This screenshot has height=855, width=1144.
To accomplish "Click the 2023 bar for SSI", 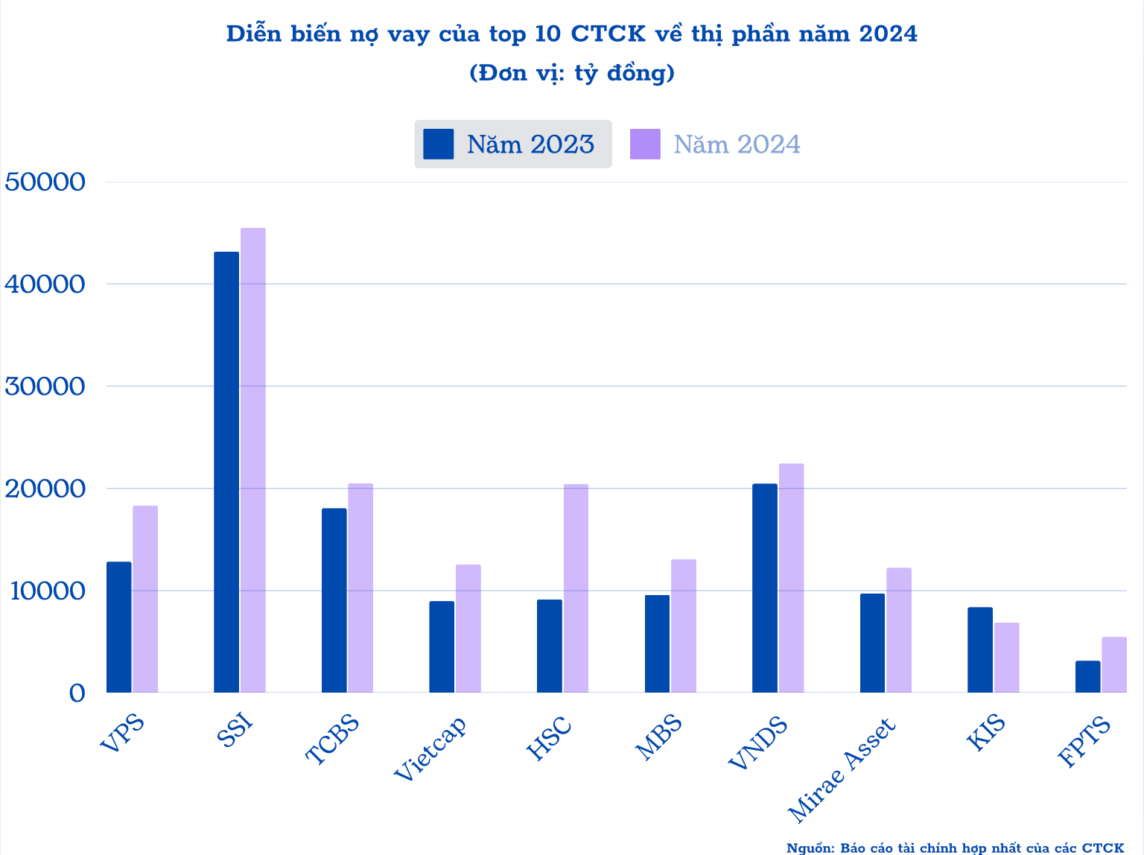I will [x=226, y=472].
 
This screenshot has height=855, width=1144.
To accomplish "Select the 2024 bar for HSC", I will [x=576, y=588].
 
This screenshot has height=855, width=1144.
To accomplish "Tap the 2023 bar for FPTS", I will [x=1087, y=676].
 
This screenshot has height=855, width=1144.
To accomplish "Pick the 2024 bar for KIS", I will [x=1006, y=658].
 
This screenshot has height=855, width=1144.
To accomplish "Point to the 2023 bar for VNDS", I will [x=765, y=588].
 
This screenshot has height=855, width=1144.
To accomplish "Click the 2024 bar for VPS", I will [x=145, y=599].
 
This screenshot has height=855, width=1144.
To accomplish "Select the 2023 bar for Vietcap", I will [x=442, y=646].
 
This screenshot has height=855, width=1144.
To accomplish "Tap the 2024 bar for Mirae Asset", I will [x=898, y=630].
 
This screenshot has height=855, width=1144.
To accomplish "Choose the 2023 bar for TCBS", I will [x=334, y=600].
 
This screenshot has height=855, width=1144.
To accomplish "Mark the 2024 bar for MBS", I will [x=683, y=626].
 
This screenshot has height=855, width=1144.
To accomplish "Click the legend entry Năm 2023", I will [x=512, y=144].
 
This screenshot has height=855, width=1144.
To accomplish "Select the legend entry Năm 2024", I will [x=715, y=144].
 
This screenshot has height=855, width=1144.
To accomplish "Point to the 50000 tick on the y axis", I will [x=45, y=182].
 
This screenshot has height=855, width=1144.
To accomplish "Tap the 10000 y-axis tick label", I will [x=45, y=591].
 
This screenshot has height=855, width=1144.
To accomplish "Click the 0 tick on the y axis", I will [x=77, y=693].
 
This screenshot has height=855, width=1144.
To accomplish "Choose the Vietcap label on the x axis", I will [x=431, y=749].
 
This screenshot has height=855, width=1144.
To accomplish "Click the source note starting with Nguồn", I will [x=955, y=848].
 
